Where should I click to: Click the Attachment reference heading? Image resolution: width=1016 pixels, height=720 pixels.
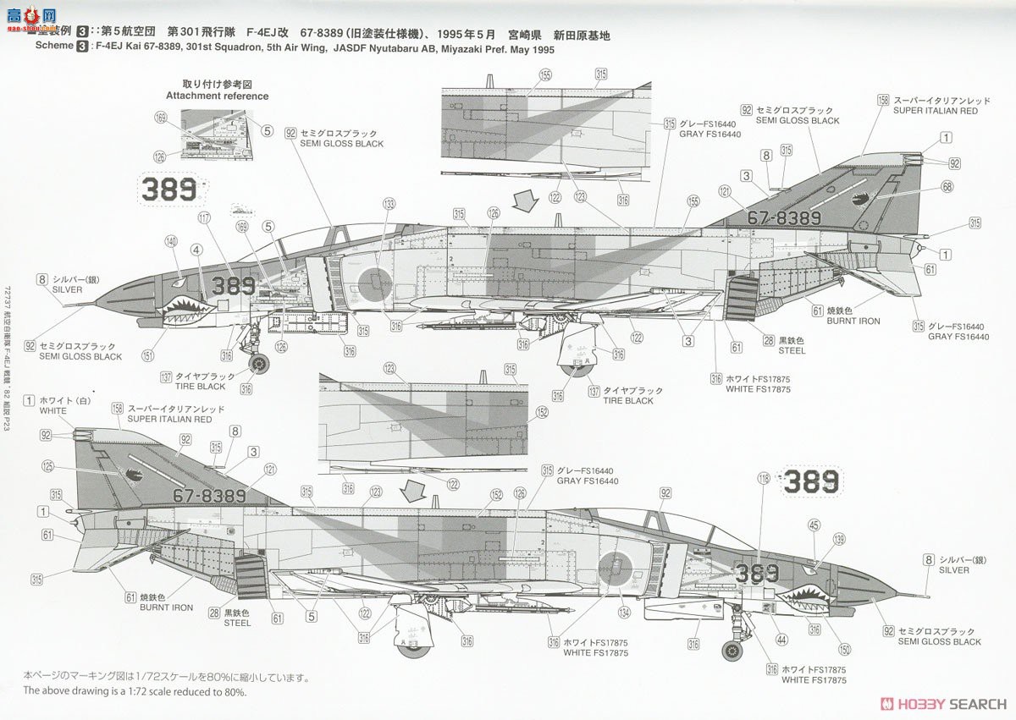(x=217, y=96)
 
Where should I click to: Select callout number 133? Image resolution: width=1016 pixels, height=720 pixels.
(x=389, y=204)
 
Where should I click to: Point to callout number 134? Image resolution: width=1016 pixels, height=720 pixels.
(x=625, y=612)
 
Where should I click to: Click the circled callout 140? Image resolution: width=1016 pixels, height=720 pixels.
(x=171, y=241)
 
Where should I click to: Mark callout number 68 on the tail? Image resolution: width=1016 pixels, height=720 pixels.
(x=947, y=186)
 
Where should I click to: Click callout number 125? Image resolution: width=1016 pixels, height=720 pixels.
(x=47, y=466)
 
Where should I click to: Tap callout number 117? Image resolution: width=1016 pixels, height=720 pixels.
(x=204, y=217)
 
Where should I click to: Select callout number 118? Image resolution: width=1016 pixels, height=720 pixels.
(x=765, y=478)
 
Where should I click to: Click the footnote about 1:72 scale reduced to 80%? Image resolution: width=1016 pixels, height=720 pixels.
(x=135, y=691)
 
